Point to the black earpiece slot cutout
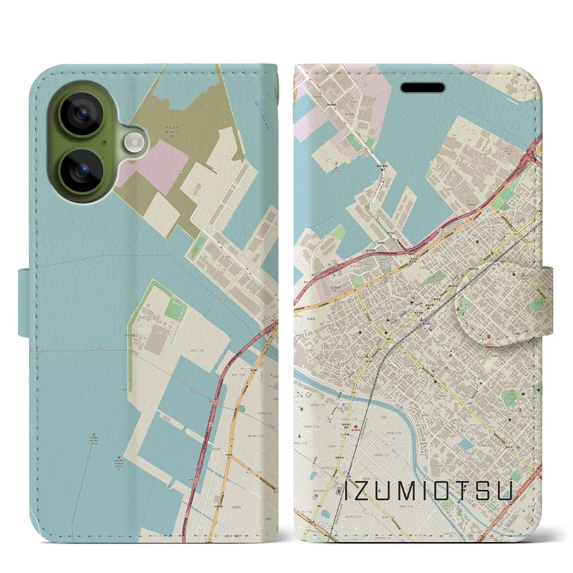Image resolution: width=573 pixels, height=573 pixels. (x=423, y=88)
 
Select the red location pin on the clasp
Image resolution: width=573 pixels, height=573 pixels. (x=489, y=336)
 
